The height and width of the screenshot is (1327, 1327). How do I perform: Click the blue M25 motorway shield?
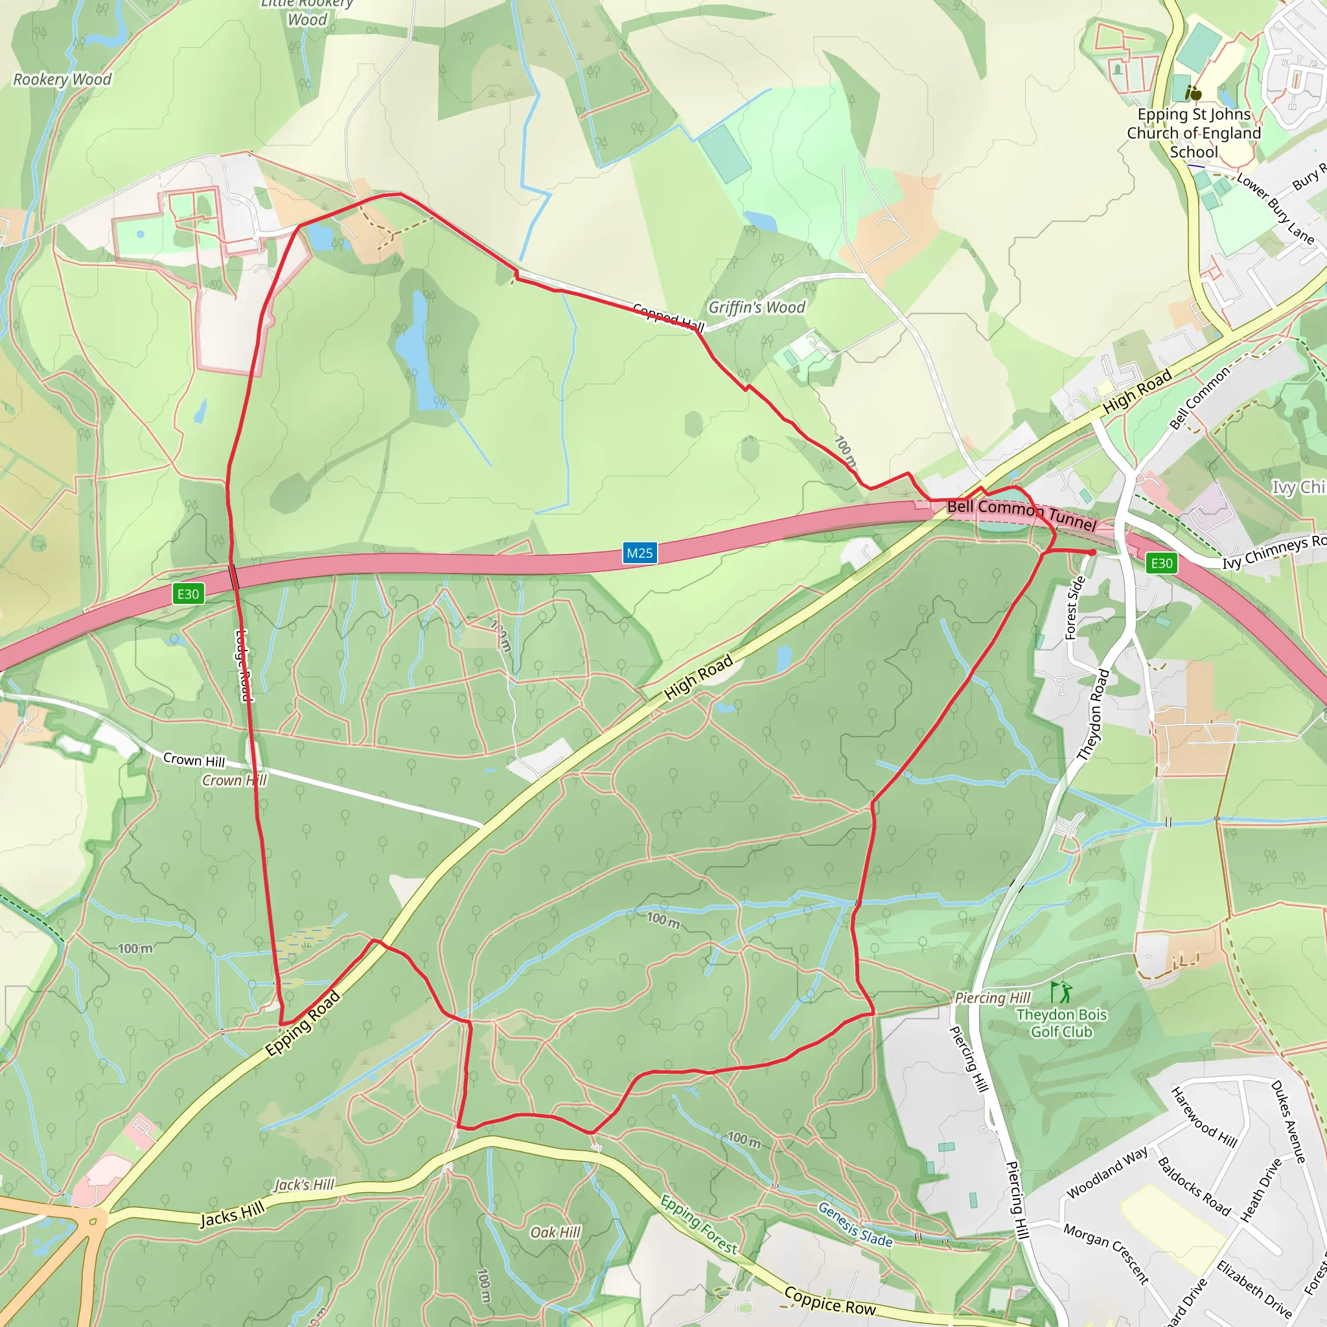click(x=640, y=553)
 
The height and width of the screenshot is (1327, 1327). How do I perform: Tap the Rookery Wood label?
click(x=62, y=80)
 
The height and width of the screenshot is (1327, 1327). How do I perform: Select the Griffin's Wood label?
click(x=756, y=307)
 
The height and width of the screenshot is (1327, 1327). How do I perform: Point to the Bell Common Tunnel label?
click(x=1021, y=515)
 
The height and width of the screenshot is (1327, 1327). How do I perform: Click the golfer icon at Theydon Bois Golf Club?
click(x=1061, y=992)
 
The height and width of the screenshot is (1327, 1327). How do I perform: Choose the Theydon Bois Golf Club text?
click(x=1061, y=1022)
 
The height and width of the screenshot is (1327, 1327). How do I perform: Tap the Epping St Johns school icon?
click(x=1194, y=93)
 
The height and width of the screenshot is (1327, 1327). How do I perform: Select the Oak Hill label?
click(x=555, y=1232)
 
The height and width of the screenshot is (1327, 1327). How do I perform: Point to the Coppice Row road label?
click(x=830, y=1301)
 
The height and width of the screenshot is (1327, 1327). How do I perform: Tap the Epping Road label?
click(x=303, y=1022)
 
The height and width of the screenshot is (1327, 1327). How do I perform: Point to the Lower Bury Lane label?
click(x=1275, y=209)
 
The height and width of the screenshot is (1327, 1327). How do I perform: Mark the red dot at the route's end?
click(x=1092, y=552)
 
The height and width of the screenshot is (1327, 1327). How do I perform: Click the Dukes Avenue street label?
click(x=1288, y=1122)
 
